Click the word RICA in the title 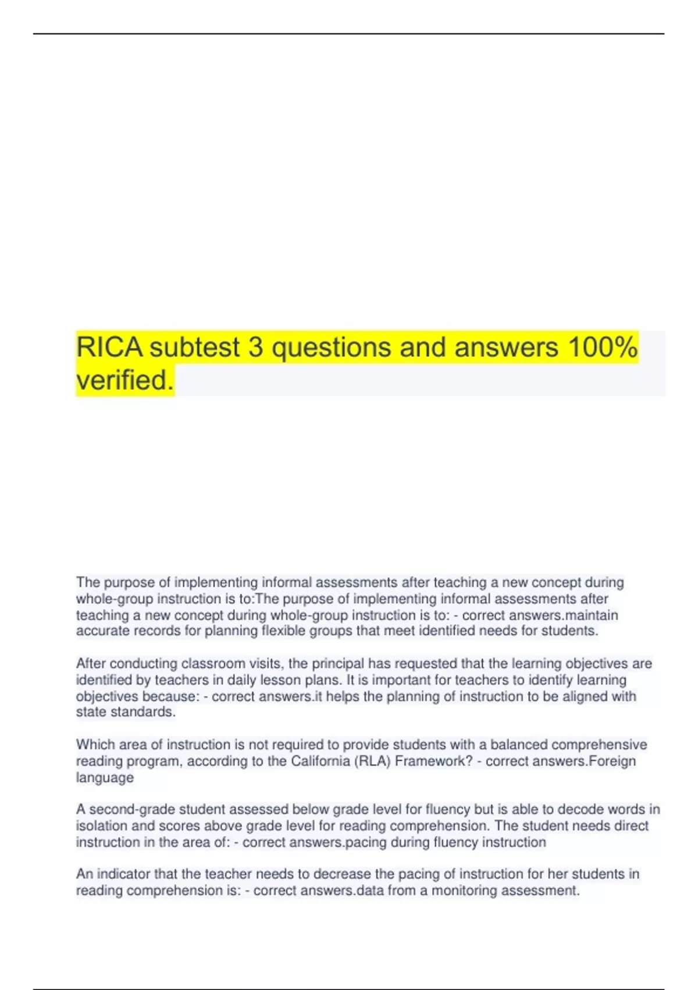[x=109, y=348]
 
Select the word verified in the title [x=124, y=381]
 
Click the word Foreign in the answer [x=612, y=761]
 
